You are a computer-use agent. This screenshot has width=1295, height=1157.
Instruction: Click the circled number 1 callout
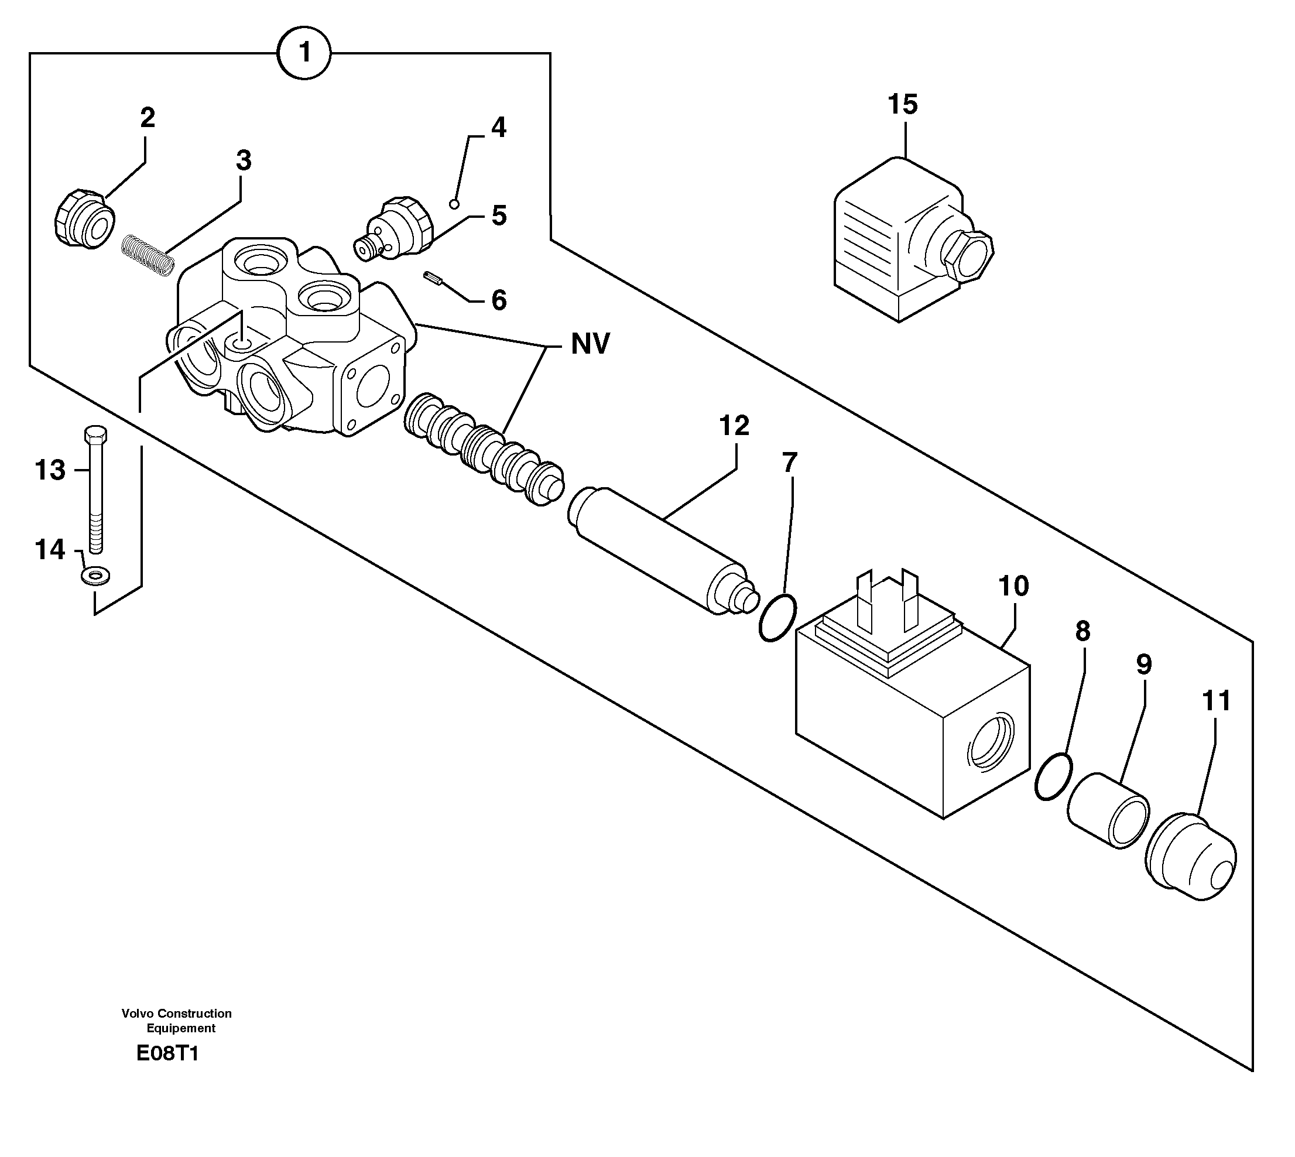coord(304,52)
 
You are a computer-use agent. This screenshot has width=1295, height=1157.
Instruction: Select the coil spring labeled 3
coord(148,254)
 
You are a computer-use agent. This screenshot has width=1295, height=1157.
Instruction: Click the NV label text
coord(590,344)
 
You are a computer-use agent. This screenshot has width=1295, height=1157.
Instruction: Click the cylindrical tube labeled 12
coord(661,550)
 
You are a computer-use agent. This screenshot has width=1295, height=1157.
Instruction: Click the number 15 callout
coord(903,104)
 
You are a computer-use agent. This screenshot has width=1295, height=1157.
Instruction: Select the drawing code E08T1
coord(168,1053)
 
